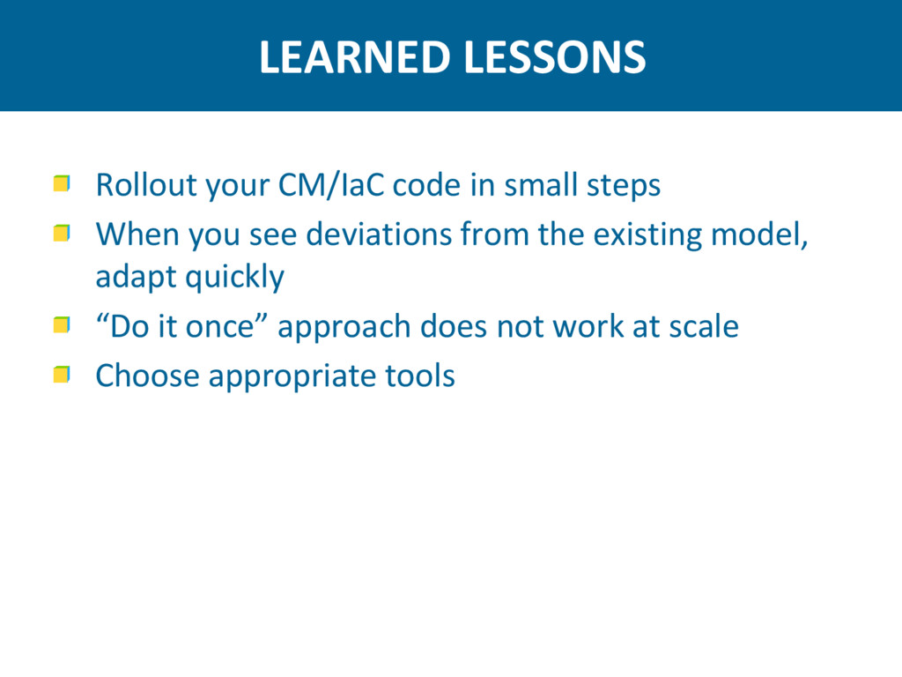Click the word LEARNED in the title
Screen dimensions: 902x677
click(354, 57)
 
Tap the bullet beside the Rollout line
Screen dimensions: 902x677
click(62, 183)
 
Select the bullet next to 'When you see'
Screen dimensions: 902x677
click(62, 233)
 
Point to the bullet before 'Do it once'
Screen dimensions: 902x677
click(62, 324)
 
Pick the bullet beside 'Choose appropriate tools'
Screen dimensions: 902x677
click(62, 374)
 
